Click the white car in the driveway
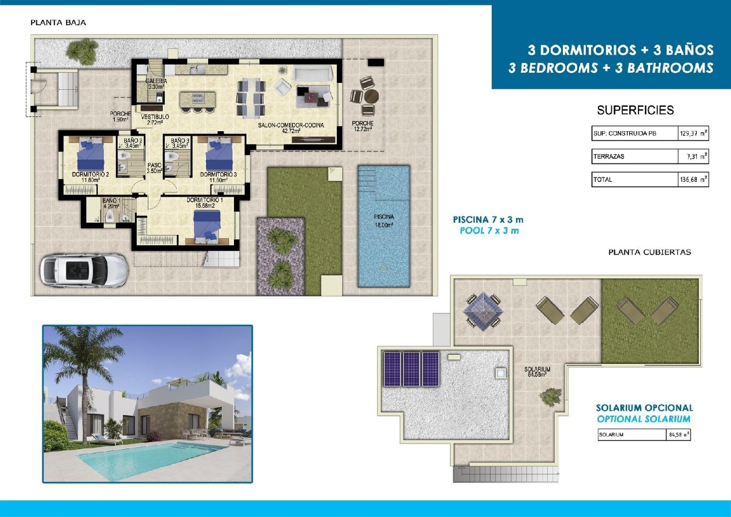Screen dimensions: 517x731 pos(84,270)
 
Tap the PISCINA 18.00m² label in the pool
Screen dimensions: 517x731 pos(384,221)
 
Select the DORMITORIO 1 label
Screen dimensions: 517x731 pos(205,203)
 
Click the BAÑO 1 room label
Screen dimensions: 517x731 pos(111,203)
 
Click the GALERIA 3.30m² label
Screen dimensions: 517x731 pos(156,84)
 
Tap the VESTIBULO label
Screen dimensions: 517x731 pos(155,119)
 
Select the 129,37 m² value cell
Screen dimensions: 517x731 pos(693,133)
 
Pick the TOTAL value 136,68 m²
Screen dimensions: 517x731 pos(693,179)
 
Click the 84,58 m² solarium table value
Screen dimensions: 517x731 pos(678,435)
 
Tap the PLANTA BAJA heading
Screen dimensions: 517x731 pos(58,22)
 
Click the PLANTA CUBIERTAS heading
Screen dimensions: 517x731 pos(649,252)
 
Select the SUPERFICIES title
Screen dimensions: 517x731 pos(635,110)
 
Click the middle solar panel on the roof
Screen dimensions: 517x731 pos(411,369)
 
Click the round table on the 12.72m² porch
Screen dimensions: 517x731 pos(371,96)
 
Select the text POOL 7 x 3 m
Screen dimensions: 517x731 pos(489,231)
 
